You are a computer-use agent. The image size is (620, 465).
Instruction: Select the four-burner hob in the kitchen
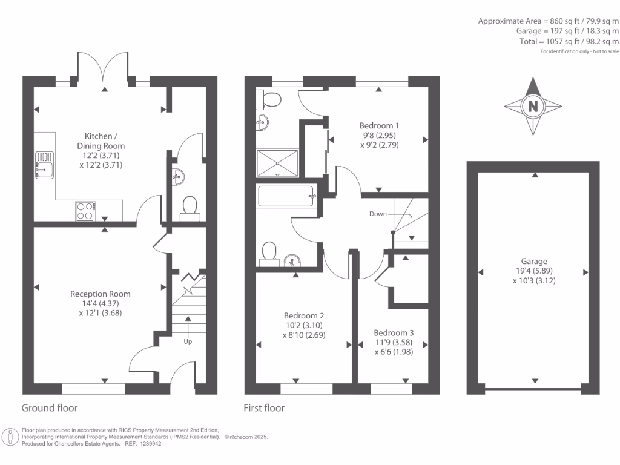[85, 211]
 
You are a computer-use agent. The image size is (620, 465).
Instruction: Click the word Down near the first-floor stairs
[378, 214]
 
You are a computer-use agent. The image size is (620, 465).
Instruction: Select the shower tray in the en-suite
[277, 162]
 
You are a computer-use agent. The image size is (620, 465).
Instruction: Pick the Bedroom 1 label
[380, 126]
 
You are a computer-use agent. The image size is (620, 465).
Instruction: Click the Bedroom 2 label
[304, 316]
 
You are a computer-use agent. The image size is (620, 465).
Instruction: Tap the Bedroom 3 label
[394, 333]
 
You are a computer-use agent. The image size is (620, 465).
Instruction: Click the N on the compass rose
[533, 106]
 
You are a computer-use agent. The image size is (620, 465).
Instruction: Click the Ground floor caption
[50, 408]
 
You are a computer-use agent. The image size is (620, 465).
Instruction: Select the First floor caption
[264, 408]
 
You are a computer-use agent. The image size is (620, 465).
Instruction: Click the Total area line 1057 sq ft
[573, 41]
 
